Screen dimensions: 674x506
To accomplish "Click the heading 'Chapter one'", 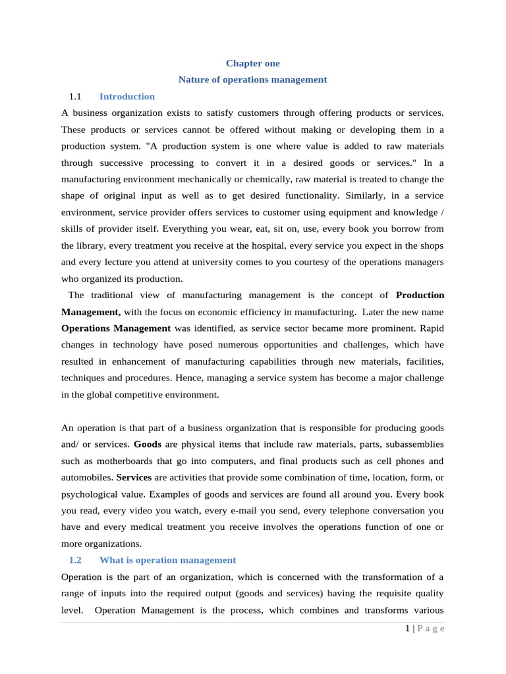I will (x=252, y=63).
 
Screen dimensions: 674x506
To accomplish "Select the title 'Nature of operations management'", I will (x=252, y=80).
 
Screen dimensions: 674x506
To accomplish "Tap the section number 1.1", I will (x=75, y=97).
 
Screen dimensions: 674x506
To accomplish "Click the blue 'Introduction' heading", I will (x=127, y=97).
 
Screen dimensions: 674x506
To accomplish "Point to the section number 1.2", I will (x=75, y=560).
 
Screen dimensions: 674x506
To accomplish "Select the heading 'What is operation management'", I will (x=167, y=560).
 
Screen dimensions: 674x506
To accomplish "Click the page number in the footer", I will (x=408, y=629).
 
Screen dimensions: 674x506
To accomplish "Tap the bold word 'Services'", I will (x=134, y=477).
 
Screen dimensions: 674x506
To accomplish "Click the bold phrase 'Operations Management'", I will (x=116, y=328).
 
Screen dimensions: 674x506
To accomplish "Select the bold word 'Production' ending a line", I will (x=420, y=295).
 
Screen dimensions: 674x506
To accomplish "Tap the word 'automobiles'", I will (x=86, y=477).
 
